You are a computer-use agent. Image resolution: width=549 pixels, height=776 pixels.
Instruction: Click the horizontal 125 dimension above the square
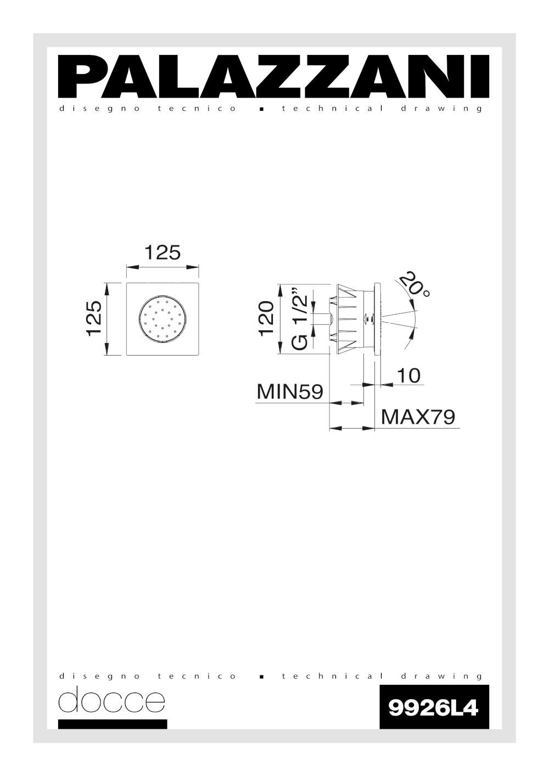163,252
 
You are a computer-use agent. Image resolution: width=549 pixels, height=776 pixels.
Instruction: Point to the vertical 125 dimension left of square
93,318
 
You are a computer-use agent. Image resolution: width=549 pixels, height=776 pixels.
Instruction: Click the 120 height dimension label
266,318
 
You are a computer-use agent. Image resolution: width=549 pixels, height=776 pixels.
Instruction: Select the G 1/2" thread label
299,318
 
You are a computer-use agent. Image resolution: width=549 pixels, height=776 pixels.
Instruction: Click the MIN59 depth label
290,391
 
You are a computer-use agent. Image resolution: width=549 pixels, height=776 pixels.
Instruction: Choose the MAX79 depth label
418,417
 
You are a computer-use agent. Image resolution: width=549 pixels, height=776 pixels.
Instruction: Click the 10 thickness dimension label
408,375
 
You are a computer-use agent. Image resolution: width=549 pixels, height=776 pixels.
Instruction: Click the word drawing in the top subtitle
441,109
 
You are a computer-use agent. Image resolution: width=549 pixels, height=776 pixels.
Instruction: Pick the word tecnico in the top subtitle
197,109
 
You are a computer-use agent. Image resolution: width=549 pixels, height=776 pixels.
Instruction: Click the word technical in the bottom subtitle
333,676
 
